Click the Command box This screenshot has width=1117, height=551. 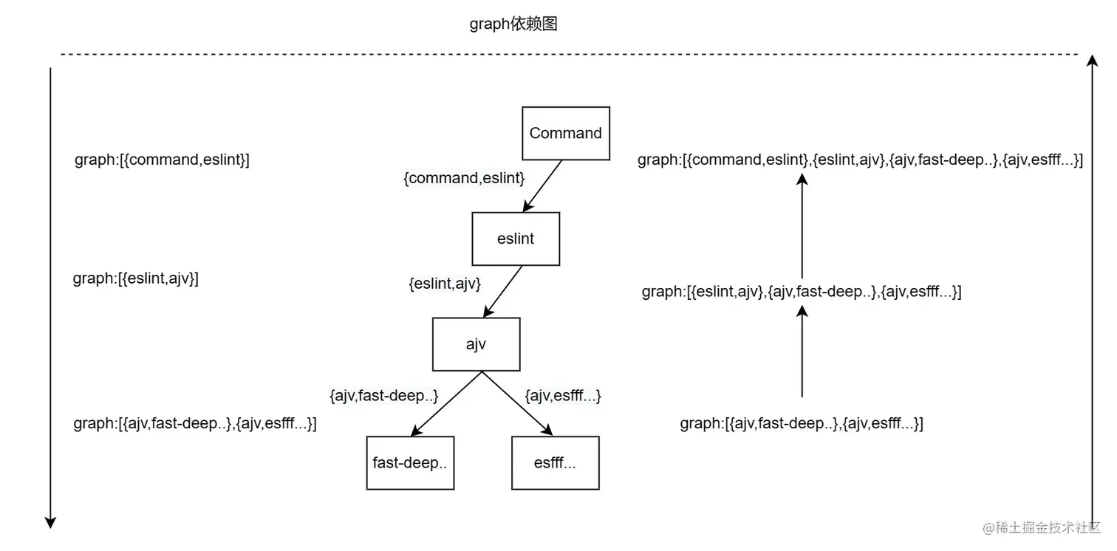(565, 134)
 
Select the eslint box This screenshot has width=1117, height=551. (516, 239)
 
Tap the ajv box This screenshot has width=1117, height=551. (476, 344)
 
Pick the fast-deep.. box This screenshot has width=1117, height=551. (410, 463)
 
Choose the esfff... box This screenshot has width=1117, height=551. (555, 463)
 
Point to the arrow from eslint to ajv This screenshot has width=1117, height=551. (503, 292)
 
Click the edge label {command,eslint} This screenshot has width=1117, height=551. (464, 178)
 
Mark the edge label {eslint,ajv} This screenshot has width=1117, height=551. (445, 283)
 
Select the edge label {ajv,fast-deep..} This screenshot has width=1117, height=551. (384, 396)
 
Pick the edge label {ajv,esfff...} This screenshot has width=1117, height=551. (563, 396)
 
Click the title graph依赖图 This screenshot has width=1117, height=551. (513, 24)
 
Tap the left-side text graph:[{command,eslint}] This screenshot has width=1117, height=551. (162, 160)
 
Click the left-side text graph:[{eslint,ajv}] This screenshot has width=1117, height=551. (136, 279)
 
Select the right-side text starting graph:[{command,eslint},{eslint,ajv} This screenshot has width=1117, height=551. (860, 160)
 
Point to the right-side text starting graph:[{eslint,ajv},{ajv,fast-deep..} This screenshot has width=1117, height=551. (802, 292)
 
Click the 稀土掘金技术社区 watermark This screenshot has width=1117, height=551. (1042, 527)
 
